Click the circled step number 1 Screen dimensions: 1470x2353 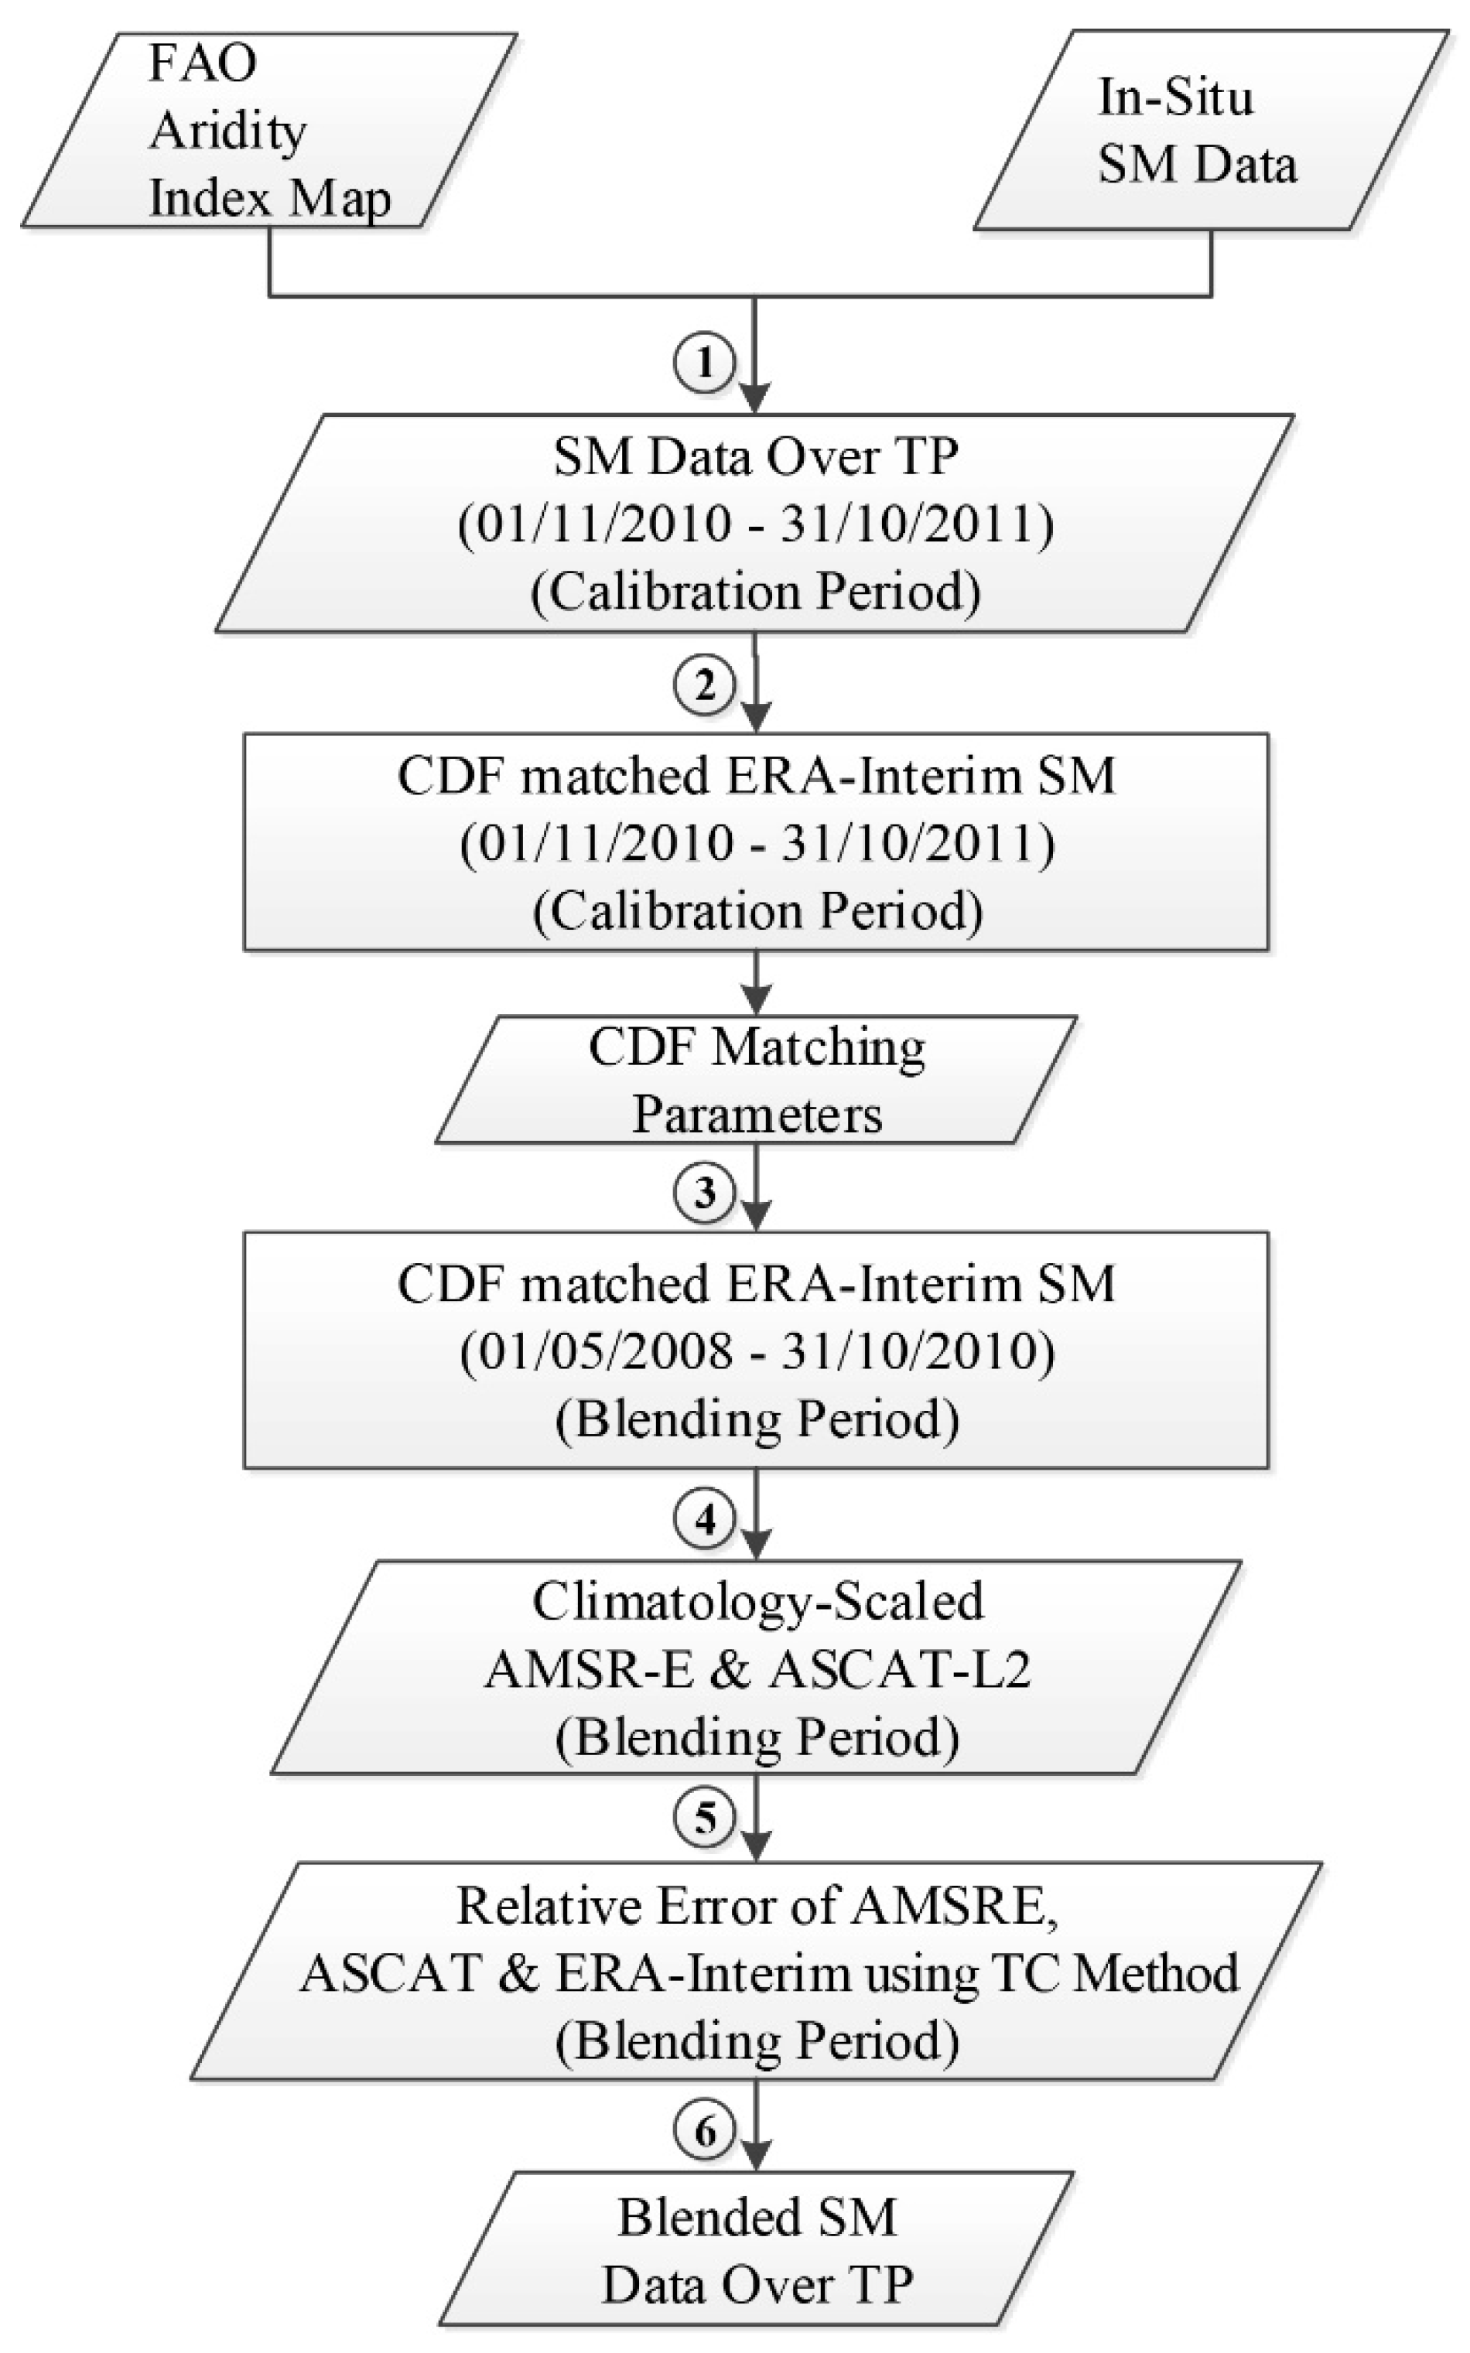click(x=704, y=364)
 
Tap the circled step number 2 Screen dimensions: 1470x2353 click(x=704, y=686)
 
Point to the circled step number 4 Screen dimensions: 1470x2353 click(x=704, y=1519)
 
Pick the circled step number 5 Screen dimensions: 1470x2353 click(x=704, y=1819)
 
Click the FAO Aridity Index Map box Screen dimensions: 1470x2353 click(x=269, y=130)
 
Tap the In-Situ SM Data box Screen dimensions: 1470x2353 click(x=1212, y=130)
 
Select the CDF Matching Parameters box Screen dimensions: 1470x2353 click(x=757, y=1080)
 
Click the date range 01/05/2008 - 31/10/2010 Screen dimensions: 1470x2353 click(x=757, y=1352)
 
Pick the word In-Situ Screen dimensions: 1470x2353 click(x=1175, y=97)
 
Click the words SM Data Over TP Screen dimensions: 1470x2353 click(x=757, y=456)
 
